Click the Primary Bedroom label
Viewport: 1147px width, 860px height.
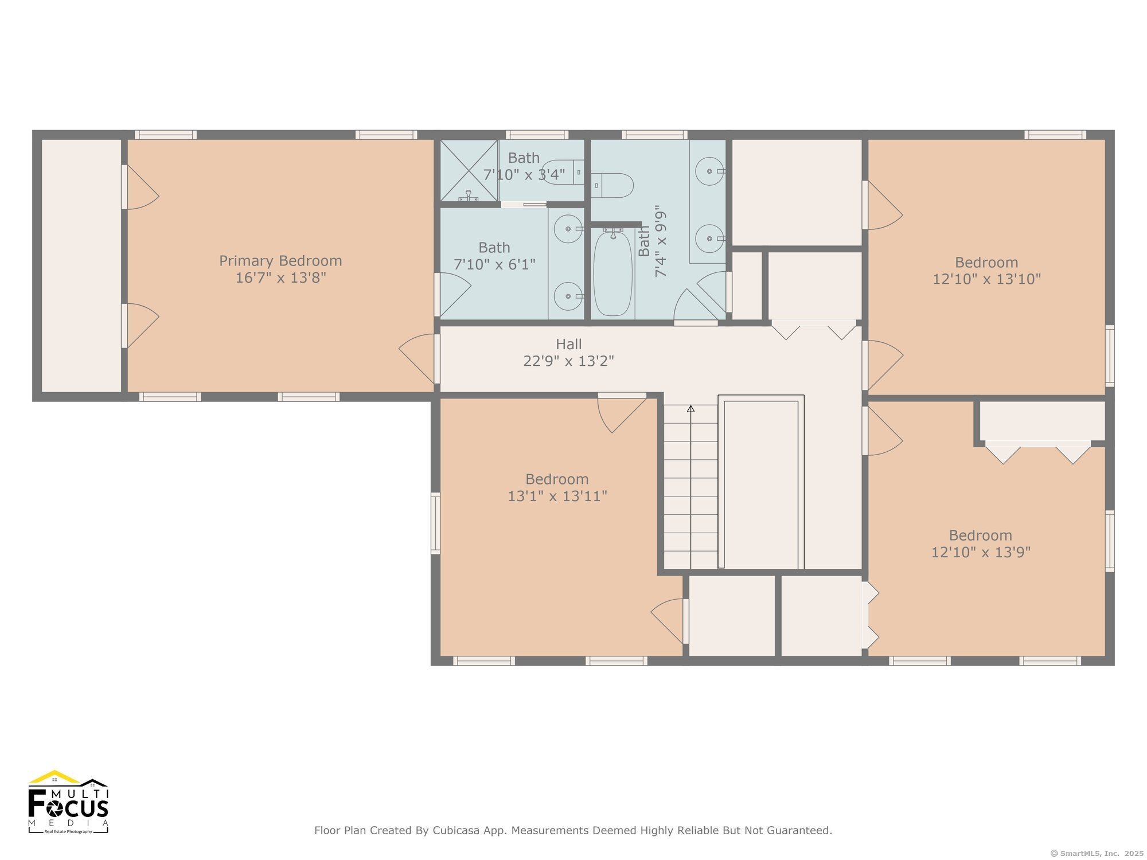point(280,261)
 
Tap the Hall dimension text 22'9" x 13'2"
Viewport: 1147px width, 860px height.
point(568,361)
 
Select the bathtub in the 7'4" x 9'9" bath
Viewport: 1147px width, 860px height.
point(612,273)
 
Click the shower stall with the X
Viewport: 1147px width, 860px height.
point(469,171)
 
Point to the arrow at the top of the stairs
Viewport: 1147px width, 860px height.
point(690,409)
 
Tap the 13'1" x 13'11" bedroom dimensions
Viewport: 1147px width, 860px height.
point(557,496)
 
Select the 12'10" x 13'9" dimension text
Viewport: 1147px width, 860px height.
point(981,552)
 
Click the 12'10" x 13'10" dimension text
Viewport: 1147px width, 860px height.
point(986,279)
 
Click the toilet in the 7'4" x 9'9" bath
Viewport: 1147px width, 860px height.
point(614,185)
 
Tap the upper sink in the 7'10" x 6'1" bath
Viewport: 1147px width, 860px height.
point(568,229)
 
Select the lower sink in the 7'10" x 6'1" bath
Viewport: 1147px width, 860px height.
point(568,296)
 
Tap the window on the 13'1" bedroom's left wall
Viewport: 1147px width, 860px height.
point(435,523)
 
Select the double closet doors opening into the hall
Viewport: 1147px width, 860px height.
point(813,330)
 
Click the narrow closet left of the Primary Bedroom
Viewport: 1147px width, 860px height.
point(81,265)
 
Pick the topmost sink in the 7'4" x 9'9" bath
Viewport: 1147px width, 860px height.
point(710,171)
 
